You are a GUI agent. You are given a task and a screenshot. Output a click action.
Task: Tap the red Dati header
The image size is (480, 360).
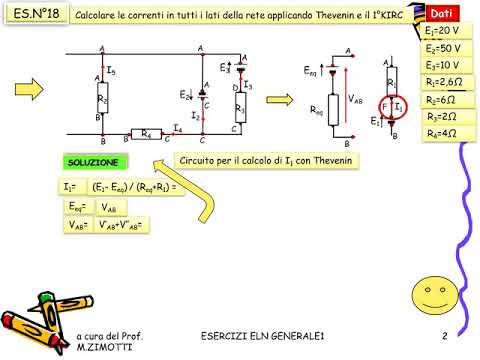(x=441, y=13)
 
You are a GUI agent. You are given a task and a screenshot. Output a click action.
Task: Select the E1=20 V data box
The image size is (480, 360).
(x=441, y=33)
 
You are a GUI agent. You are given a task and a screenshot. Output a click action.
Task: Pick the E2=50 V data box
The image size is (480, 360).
(x=442, y=49)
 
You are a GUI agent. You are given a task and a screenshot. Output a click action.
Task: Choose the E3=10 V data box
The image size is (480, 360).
(x=442, y=65)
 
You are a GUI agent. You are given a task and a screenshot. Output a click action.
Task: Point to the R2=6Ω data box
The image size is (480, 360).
(x=442, y=99)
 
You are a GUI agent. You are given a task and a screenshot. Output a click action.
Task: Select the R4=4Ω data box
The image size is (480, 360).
(x=442, y=133)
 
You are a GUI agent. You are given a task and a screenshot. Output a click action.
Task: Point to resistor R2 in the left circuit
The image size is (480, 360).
(x=103, y=98)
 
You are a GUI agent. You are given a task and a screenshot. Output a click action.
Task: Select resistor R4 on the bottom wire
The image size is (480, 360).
(x=147, y=132)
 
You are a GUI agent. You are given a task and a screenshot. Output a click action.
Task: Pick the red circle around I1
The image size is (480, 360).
(x=396, y=105)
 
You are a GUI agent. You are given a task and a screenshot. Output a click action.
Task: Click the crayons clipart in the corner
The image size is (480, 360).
(x=39, y=323)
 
